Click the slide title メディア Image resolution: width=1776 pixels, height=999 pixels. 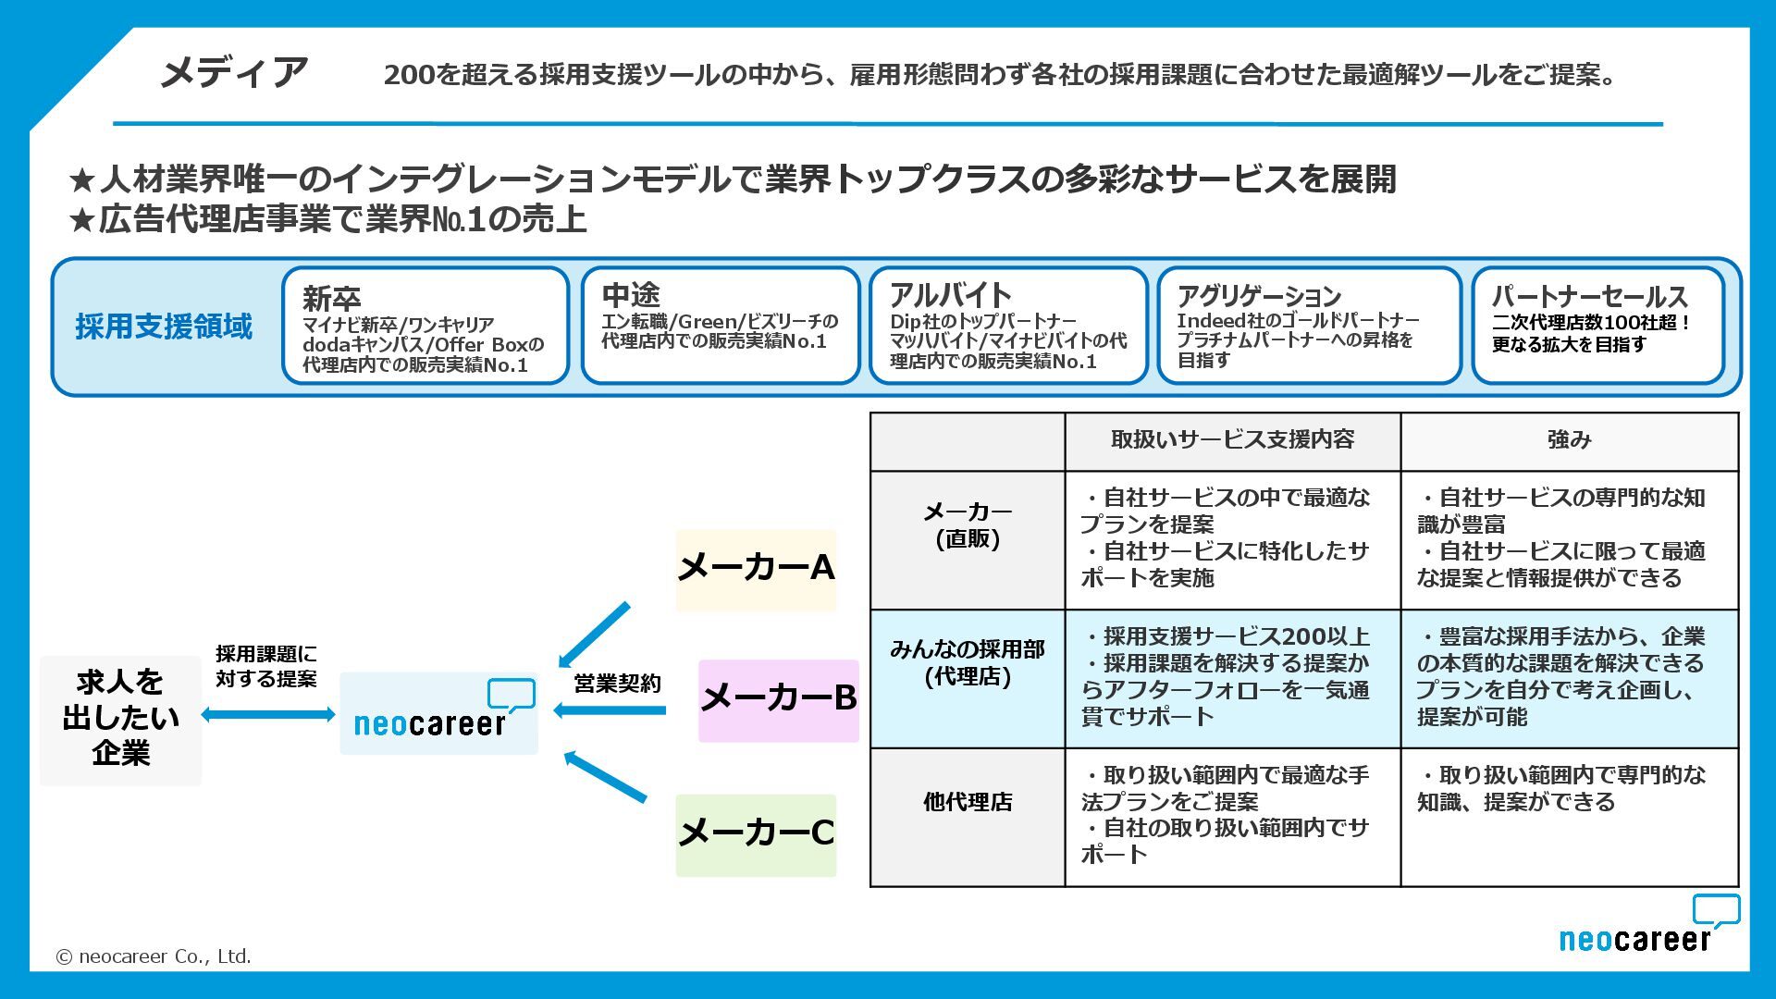(x=233, y=73)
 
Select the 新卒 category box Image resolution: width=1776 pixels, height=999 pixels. (x=425, y=326)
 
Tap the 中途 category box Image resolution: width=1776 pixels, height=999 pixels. (x=721, y=326)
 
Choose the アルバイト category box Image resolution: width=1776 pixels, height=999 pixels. (x=1008, y=326)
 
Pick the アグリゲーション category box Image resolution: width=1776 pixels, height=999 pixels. (x=1308, y=326)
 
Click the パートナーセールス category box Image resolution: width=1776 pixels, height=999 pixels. (x=1597, y=326)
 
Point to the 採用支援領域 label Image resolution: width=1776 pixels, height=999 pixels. (x=164, y=327)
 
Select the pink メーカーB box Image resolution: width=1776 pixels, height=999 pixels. (x=778, y=700)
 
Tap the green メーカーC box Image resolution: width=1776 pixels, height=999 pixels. (x=756, y=835)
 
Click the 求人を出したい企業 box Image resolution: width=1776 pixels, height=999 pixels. (x=120, y=720)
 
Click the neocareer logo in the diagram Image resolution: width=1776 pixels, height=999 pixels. (x=438, y=713)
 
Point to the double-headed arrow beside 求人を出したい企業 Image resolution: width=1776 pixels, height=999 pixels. (x=268, y=714)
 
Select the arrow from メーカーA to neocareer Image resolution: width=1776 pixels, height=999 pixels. (x=594, y=635)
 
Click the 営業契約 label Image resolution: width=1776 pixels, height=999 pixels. (x=617, y=684)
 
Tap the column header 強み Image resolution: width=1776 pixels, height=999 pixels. (x=1569, y=440)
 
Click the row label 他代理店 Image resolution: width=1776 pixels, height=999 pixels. (x=968, y=802)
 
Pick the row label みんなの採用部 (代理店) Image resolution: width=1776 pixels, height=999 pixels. (x=968, y=663)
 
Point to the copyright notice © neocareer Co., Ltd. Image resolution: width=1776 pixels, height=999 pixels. (x=154, y=956)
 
